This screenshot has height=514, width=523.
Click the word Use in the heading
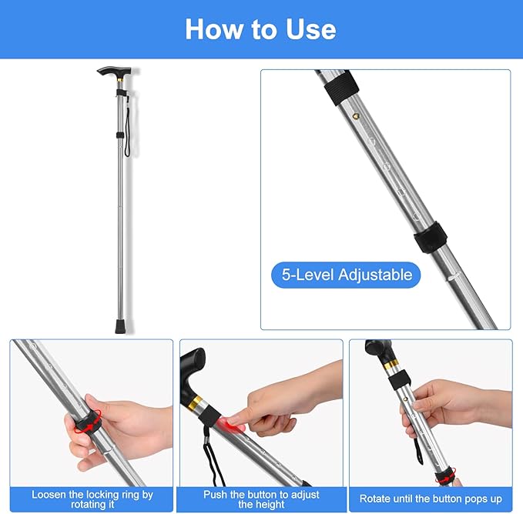[x=310, y=29]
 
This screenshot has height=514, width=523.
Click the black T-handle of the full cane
[x=114, y=72]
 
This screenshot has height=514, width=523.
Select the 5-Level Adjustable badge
[x=346, y=275]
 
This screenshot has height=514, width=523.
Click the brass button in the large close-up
[x=356, y=116]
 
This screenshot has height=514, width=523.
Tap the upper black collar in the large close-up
[x=341, y=87]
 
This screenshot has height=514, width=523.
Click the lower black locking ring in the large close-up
[x=431, y=237]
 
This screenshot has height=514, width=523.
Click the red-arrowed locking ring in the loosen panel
[x=88, y=422]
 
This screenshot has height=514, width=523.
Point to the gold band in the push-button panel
[x=196, y=402]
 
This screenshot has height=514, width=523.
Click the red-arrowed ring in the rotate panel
[x=446, y=476]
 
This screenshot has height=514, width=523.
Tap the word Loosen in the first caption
[x=49, y=495]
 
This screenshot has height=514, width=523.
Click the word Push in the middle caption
[x=215, y=495]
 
